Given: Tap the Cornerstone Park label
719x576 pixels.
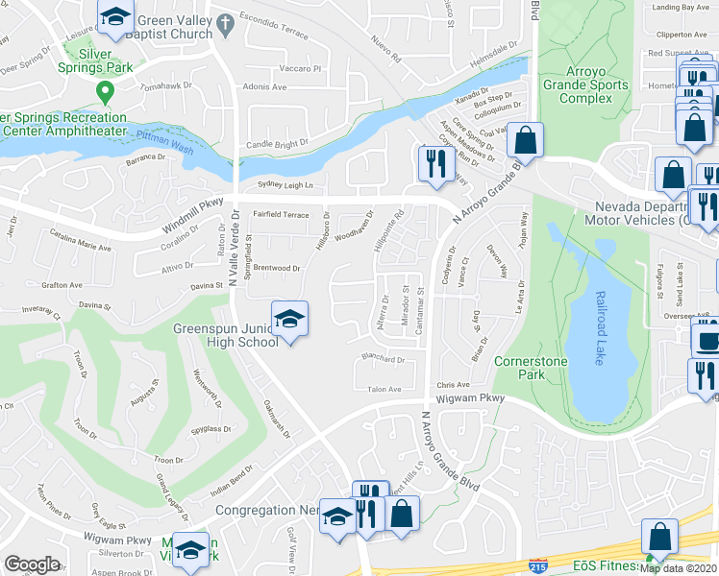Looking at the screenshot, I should click(x=531, y=369).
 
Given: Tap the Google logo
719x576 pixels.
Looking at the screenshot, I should click(x=32, y=564).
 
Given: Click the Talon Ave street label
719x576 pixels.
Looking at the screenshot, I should click(x=384, y=389).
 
